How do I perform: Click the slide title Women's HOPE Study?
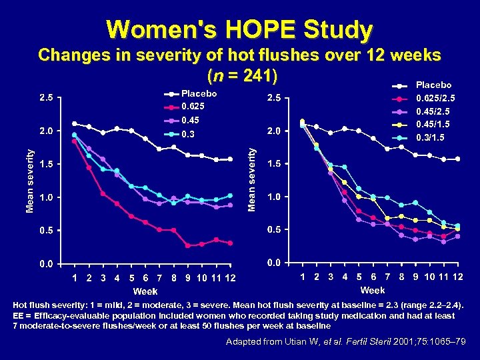point(239,29)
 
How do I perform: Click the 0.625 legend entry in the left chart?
point(193,107)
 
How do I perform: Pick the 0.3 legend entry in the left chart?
point(189,135)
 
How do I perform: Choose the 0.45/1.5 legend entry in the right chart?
point(433,125)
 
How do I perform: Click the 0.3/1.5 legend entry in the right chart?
point(431,137)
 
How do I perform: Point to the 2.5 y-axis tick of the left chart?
point(45,99)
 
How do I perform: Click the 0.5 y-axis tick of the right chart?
point(275,230)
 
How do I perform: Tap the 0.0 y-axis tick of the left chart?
point(45,265)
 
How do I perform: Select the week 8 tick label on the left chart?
point(173,277)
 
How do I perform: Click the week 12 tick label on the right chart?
point(457,276)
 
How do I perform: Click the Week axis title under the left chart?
point(145,291)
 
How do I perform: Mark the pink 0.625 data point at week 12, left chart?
point(230,243)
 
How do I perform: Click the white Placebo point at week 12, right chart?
point(457,159)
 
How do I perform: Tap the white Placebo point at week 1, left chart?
point(74,123)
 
